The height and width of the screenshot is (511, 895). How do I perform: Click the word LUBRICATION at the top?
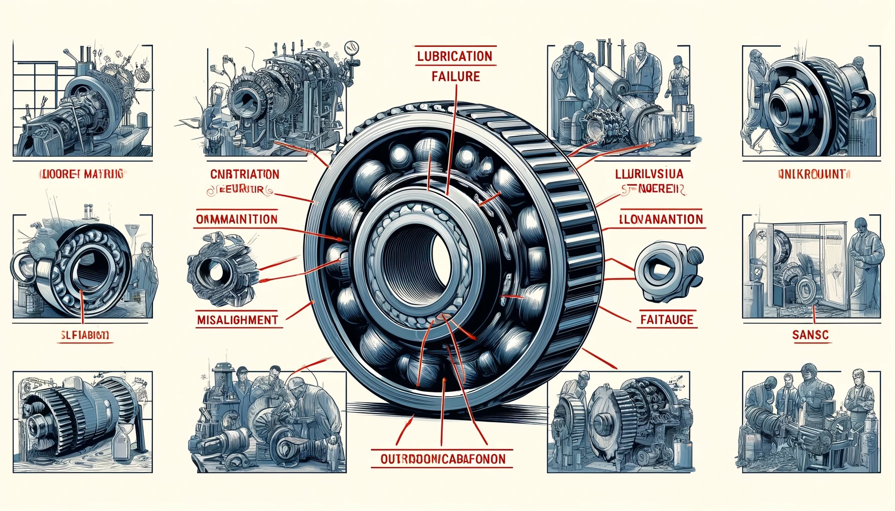454,56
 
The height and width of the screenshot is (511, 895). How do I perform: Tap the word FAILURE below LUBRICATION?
455,76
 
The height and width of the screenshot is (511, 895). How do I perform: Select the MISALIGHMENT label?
237,320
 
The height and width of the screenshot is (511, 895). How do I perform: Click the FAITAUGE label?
667,319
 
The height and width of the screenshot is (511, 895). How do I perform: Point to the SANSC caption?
810,335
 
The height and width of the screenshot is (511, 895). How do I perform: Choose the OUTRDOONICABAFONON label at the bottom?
443,459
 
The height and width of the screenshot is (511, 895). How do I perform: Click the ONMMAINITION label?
237,220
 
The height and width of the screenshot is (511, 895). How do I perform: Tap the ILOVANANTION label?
661,219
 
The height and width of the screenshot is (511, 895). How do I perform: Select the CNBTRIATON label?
245,174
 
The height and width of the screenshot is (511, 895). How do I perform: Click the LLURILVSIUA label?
649,174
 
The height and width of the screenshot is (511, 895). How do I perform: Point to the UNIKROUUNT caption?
812,174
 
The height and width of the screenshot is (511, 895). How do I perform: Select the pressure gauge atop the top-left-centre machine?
352,49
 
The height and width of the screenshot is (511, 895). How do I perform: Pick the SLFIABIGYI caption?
84,335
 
